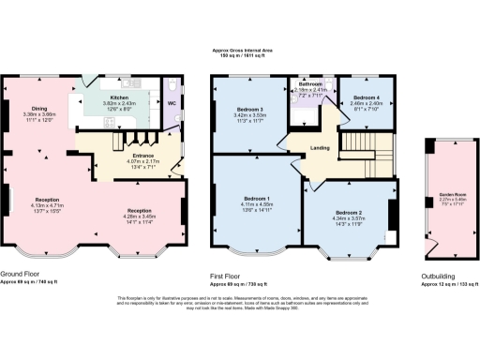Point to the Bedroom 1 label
tap(257, 199)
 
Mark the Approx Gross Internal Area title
tap(241, 52)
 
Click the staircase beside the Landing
tap(360, 150)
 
